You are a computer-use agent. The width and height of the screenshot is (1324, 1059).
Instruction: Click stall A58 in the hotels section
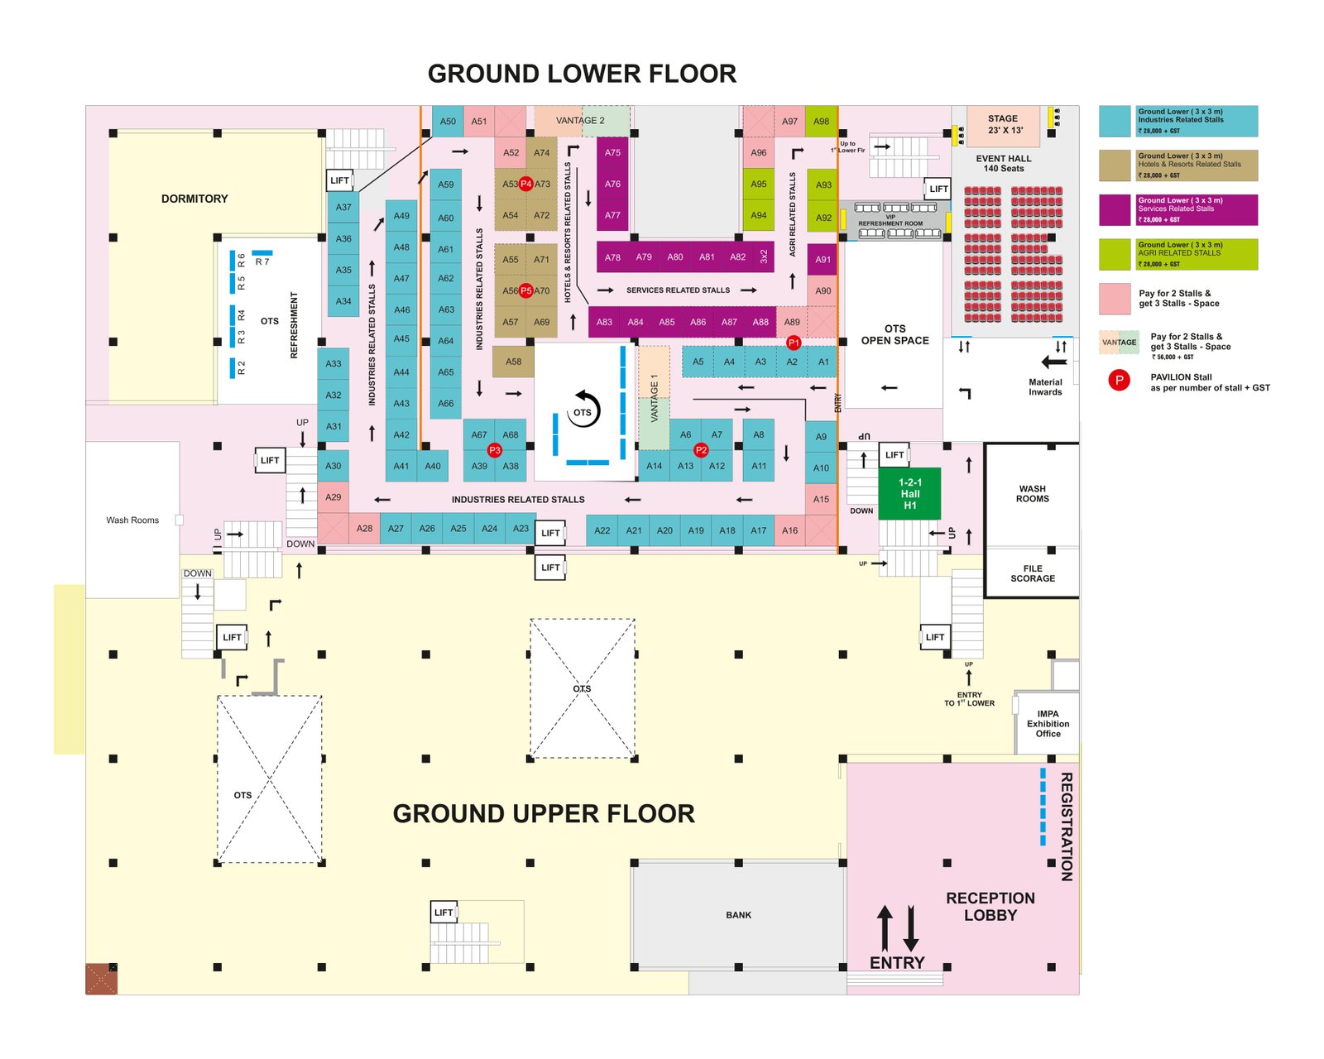coord(513,362)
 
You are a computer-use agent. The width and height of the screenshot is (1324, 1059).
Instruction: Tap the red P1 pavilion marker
coord(794,343)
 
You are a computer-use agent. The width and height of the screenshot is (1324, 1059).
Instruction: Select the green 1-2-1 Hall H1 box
coord(909,494)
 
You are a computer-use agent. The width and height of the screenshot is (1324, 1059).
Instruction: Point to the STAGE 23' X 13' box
coord(1002,125)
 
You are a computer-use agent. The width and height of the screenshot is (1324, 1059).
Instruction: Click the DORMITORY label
coord(194,199)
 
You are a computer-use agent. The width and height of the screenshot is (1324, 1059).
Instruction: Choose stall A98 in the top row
coord(821,121)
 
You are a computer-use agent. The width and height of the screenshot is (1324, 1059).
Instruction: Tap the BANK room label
coord(738,915)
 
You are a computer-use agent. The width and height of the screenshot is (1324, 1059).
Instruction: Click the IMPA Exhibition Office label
coord(1048,724)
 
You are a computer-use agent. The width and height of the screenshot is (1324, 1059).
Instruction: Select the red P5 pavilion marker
coord(526,290)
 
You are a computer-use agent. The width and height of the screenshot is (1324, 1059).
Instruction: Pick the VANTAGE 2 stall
coord(581,121)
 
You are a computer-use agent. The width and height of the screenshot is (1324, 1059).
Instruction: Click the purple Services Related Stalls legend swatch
coord(1115,210)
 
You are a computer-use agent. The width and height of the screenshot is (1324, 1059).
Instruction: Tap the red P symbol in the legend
coord(1119,381)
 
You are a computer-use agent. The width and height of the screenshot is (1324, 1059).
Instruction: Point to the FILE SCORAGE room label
coord(1032,573)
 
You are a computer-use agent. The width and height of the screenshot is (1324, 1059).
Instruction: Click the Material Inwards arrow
coord(1053,362)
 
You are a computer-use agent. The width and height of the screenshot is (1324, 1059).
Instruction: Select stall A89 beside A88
coord(792,322)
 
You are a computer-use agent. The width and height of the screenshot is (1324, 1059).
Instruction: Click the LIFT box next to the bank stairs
coord(444,913)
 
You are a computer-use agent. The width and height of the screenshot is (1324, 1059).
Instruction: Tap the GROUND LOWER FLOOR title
coord(582,74)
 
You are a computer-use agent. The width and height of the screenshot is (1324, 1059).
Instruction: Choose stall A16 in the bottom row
coord(789,530)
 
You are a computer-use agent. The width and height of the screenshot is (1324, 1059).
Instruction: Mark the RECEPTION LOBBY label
coord(990,907)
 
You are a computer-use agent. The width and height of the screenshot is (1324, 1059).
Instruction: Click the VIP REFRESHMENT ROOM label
coord(890,221)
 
